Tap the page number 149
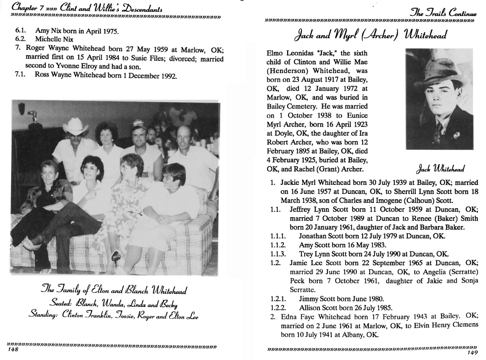[472, 352]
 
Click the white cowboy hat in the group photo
[76, 127]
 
